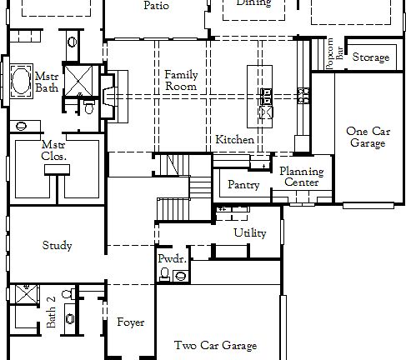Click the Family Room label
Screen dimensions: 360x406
tap(181, 80)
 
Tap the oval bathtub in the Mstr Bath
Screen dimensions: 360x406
tap(20, 83)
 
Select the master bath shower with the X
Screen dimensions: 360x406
tap(79, 82)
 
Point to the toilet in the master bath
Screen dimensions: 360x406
tap(89, 106)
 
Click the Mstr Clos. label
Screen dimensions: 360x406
tap(54, 150)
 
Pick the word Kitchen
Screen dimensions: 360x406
tap(234, 140)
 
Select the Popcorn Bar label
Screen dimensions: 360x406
tap(333, 54)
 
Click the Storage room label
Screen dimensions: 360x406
tap(370, 57)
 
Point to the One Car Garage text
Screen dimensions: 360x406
tap(367, 137)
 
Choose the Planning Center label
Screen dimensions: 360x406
tap(302, 177)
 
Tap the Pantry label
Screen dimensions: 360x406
tap(243, 185)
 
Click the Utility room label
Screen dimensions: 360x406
tap(250, 233)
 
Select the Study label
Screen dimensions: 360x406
tap(57, 246)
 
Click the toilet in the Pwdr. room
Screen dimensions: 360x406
tap(166, 274)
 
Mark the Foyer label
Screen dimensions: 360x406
tap(130, 322)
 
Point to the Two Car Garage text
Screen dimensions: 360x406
tap(215, 345)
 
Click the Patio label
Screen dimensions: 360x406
tap(156, 5)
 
